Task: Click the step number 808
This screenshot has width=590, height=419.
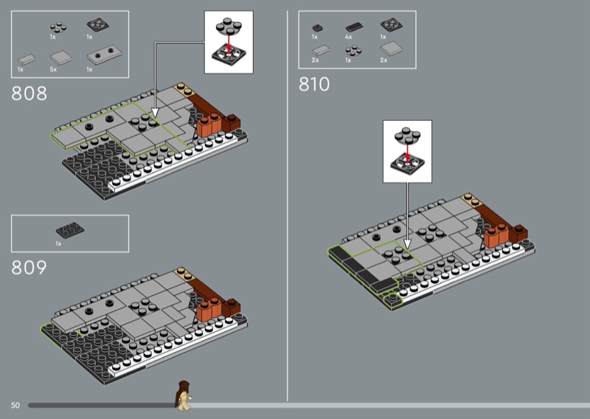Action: [x=29, y=94]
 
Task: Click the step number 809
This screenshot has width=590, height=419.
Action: [x=29, y=268]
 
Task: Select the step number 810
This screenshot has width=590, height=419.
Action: [x=314, y=84]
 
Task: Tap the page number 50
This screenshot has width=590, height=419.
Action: [x=15, y=405]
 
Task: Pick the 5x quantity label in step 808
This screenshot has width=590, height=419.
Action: [x=54, y=69]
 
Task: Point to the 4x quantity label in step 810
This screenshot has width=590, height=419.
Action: [x=348, y=36]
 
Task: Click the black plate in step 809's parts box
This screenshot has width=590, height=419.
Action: [x=69, y=229]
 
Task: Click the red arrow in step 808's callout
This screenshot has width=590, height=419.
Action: [x=228, y=43]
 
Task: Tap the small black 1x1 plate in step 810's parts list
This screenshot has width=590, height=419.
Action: [x=316, y=27]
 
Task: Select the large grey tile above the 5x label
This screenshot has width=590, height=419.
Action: [x=59, y=57]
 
